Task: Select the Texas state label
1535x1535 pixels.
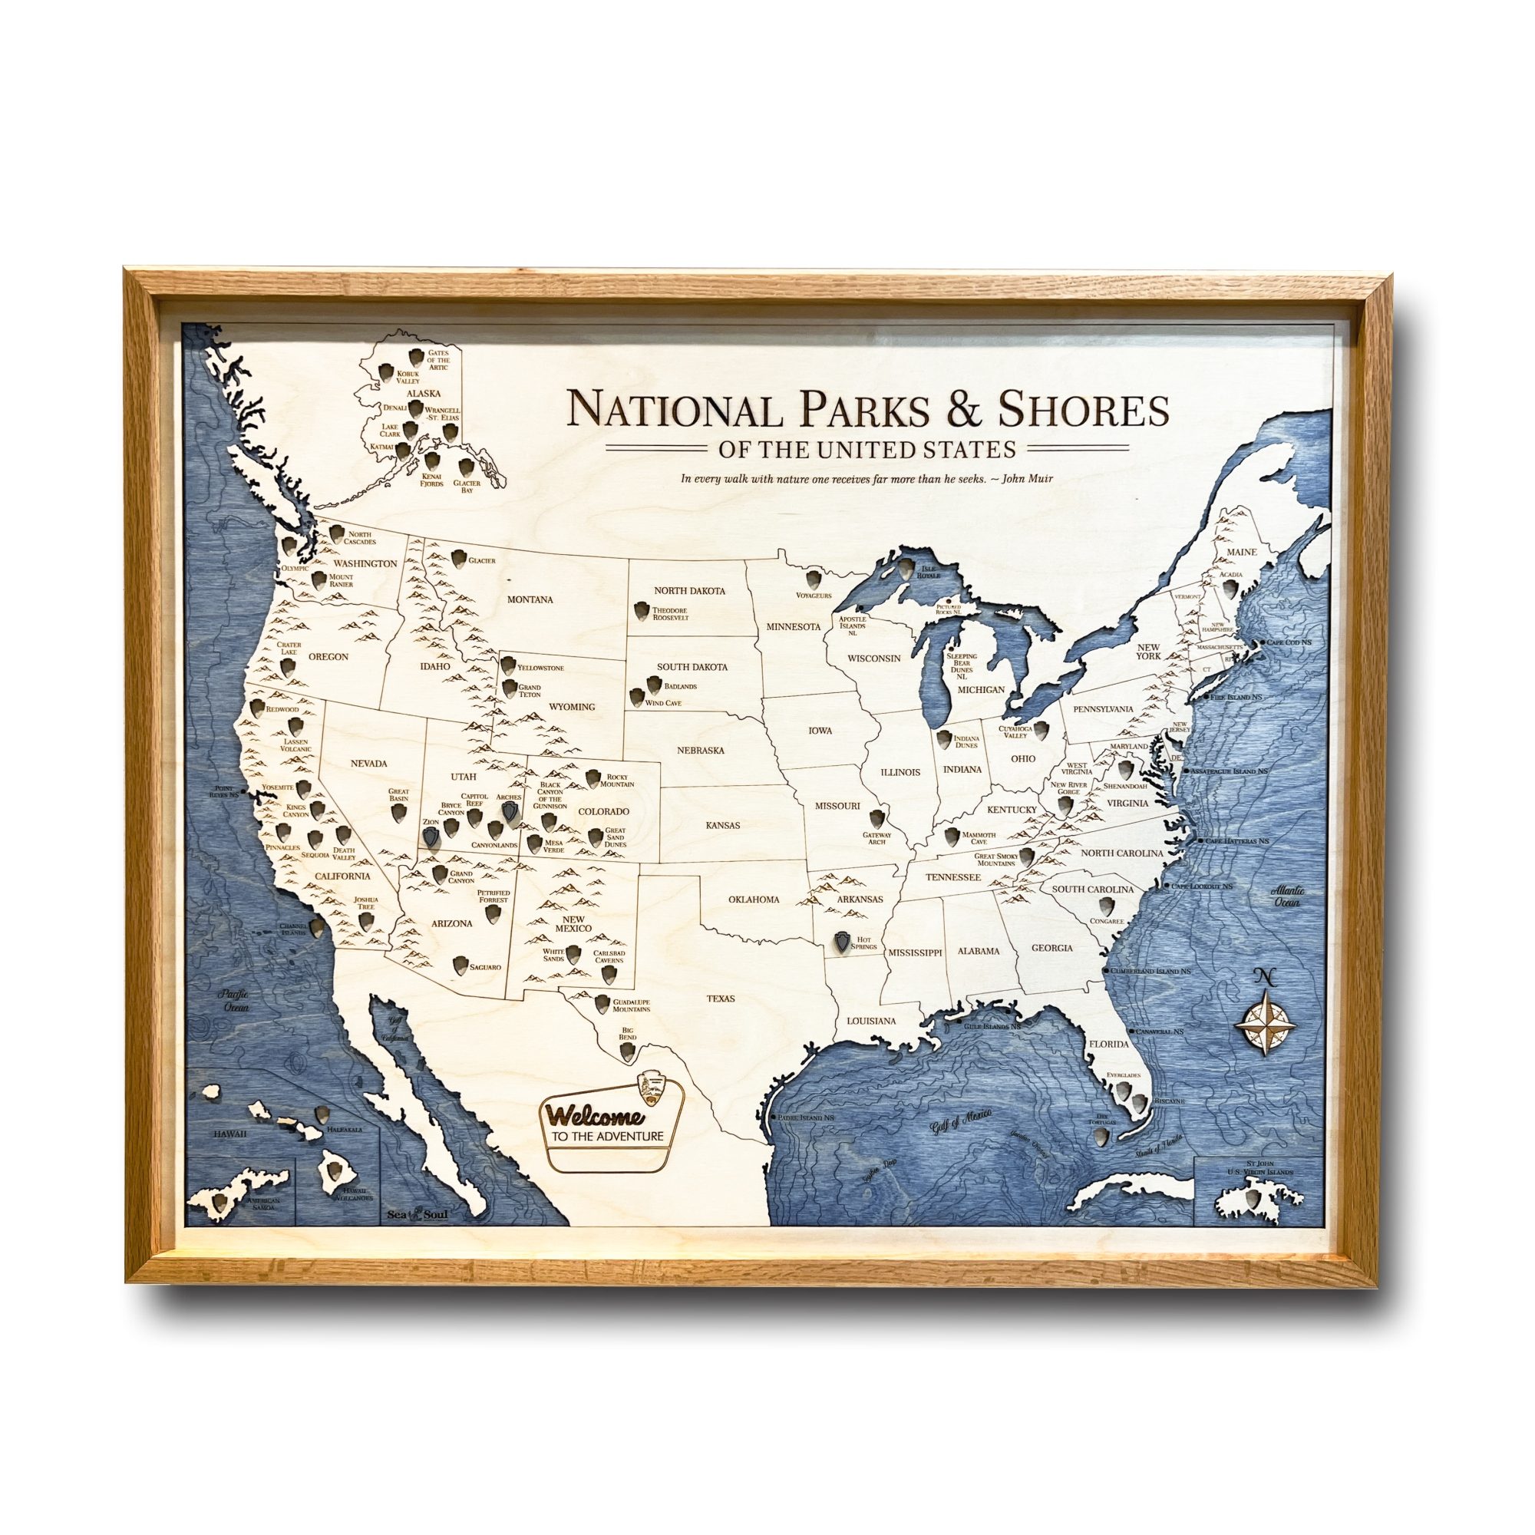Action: tap(724, 998)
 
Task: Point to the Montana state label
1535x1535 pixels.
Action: tap(532, 600)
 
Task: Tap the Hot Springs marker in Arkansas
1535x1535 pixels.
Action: tap(840, 942)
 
